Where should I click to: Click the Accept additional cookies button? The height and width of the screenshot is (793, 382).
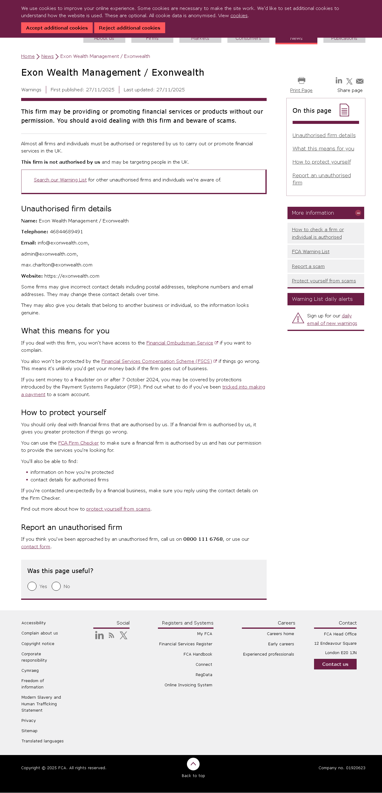point(57,28)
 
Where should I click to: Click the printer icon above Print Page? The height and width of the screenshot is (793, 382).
point(301,80)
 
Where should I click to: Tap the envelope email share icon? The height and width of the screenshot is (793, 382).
point(359,81)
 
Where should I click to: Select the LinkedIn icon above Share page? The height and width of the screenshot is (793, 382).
point(339,81)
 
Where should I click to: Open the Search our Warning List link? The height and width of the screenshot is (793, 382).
point(60,180)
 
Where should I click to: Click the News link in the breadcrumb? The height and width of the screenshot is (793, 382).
point(47,56)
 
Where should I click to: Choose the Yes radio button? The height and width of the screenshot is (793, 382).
point(32,586)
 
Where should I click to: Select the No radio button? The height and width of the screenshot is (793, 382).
point(56,586)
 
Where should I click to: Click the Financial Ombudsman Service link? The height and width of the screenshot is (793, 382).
point(179,343)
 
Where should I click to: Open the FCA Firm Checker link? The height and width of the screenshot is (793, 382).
point(78,443)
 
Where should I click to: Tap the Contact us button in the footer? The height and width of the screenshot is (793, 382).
point(335,664)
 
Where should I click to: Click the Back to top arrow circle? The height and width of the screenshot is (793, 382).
point(193,764)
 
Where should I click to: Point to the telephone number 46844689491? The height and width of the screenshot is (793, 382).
point(66,232)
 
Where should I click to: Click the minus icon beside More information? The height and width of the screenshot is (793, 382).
point(358,213)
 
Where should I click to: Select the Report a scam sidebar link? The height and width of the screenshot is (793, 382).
point(308,266)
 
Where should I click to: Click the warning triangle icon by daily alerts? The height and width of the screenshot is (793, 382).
point(298,318)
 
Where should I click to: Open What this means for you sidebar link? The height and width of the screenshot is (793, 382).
point(323,149)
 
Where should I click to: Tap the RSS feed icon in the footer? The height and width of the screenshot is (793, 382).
point(111,636)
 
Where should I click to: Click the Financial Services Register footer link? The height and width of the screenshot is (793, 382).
point(186,644)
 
